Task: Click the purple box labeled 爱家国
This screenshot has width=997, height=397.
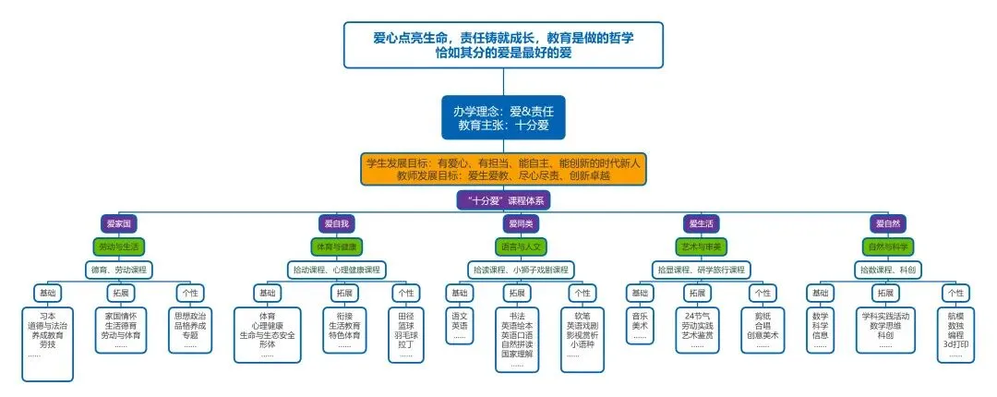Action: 120,223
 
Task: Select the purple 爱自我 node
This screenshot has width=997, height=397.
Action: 335,223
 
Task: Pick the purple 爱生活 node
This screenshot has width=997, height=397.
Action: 703,223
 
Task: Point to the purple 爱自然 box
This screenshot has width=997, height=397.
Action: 888,223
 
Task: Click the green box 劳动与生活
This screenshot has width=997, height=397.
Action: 120,247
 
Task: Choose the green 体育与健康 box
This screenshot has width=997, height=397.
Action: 335,247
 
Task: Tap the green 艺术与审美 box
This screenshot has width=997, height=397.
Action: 703,247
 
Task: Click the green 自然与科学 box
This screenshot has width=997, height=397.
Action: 888,247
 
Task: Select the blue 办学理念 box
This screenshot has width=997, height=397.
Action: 503,116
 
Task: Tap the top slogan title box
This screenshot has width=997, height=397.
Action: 503,44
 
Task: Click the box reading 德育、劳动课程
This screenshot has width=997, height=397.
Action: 120,270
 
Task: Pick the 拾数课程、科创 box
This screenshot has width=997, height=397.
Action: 888,270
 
